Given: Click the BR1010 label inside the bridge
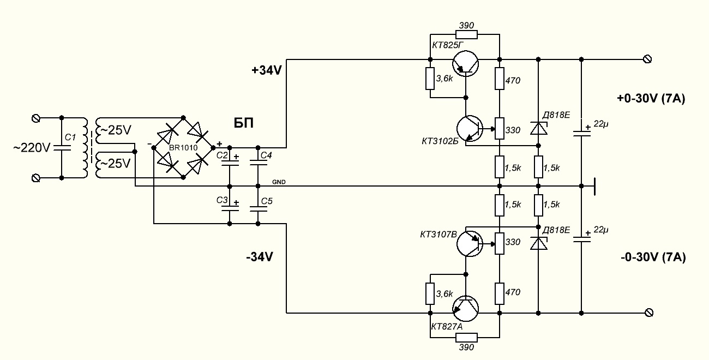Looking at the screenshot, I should pyautogui.click(x=183, y=148).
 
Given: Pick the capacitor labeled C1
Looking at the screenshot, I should pyautogui.click(x=61, y=148).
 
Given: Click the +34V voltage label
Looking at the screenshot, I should pyautogui.click(x=266, y=70).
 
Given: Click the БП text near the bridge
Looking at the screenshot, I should pyautogui.click(x=244, y=123).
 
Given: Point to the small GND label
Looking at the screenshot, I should pyautogui.click(x=278, y=182).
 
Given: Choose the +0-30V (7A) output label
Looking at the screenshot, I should pyautogui.click(x=651, y=99).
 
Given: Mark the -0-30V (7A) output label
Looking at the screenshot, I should pyautogui.click(x=652, y=256).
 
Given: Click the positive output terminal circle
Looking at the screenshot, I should pyautogui.click(x=648, y=59).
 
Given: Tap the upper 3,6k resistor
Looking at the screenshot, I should pyautogui.click(x=430, y=79).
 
